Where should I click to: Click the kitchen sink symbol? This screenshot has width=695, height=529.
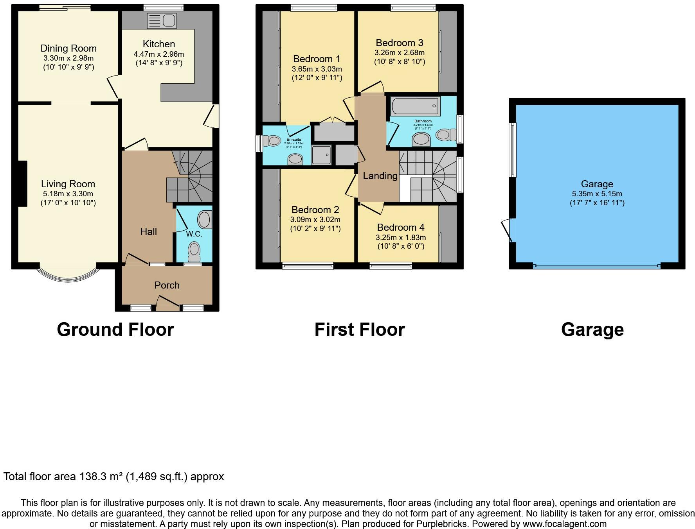tap(162, 20)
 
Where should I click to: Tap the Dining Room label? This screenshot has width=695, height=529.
tap(68, 48)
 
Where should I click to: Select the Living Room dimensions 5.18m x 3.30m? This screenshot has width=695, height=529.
tap(68, 194)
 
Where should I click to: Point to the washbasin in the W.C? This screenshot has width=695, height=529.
tap(205, 219)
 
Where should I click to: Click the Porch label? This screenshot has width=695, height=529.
tap(167, 285)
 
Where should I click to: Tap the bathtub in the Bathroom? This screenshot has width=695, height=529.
tap(415, 106)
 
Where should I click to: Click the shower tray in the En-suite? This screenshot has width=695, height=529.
tap(322, 155)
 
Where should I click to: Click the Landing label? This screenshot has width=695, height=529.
tap(380, 176)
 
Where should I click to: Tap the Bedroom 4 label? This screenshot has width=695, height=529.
tap(401, 227)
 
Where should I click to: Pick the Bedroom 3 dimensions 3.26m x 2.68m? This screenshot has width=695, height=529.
tap(400, 53)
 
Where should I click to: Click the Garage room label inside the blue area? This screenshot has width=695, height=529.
tap(597, 184)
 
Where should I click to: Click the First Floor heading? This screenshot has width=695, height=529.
tap(359, 330)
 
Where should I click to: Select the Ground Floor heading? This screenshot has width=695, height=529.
tap(115, 330)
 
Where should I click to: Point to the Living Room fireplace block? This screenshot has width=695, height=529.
tap(22, 183)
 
